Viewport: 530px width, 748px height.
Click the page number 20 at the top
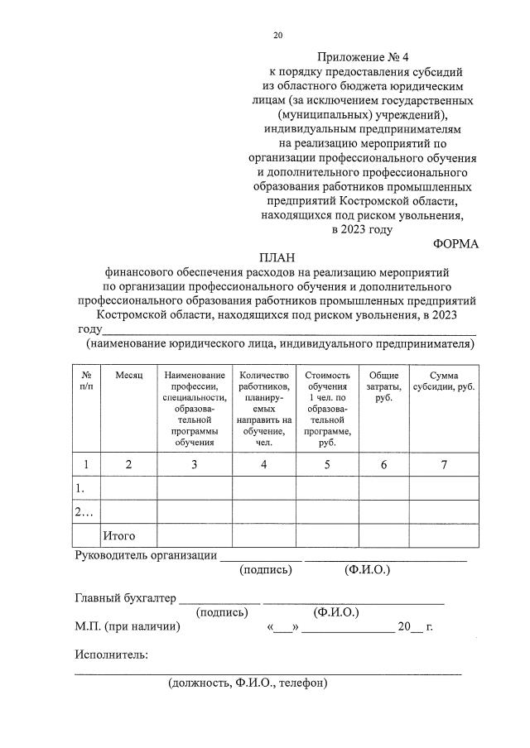click(x=278, y=36)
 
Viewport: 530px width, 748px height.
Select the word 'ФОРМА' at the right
click(x=455, y=244)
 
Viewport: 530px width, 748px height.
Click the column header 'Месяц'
click(x=128, y=376)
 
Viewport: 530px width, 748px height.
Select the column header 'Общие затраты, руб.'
click(x=383, y=386)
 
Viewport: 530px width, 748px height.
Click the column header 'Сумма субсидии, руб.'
click(x=444, y=381)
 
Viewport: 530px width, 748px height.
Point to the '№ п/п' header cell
click(x=87, y=381)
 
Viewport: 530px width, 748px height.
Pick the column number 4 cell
click(x=263, y=464)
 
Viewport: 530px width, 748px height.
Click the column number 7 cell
click(x=444, y=464)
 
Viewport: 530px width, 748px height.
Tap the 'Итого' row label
click(x=119, y=536)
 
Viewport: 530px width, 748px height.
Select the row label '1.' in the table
click(x=80, y=488)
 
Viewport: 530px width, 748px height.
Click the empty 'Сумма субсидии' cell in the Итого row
click(x=444, y=535)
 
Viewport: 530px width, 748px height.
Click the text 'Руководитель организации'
click(x=146, y=555)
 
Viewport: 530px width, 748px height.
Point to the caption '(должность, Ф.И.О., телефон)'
click(x=248, y=683)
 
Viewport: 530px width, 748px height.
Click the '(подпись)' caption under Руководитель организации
click(x=265, y=570)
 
